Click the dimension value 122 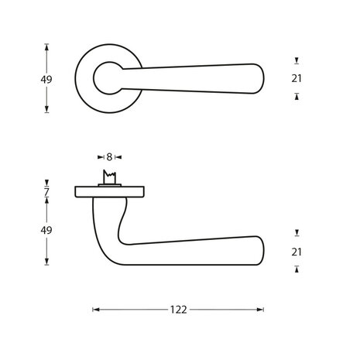coord(179,310)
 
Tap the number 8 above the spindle coord(109,157)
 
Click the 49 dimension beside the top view coord(47,78)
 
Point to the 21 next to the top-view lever coord(298,77)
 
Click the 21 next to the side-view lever coord(298,251)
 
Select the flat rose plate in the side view coord(109,190)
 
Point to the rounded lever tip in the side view coord(258,252)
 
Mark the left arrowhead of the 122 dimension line coord(95,310)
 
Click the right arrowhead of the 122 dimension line coord(262,310)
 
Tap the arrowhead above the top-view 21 coord(298,60)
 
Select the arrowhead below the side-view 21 coord(298,269)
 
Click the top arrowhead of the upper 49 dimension coord(47,46)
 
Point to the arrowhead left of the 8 coord(101,157)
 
